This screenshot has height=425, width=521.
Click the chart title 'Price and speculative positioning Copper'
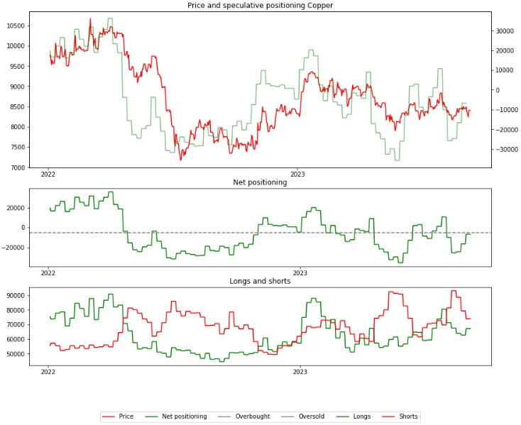(x=260, y=6)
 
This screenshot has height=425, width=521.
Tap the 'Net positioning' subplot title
(x=260, y=182)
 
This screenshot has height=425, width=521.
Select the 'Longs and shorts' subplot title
(x=260, y=281)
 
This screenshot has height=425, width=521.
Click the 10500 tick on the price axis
(x=15, y=26)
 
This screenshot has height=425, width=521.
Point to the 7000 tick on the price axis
(x=17, y=168)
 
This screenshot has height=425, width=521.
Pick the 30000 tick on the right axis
(x=505, y=31)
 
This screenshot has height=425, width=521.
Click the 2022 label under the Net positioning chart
(x=48, y=272)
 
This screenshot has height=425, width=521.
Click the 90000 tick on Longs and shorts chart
(x=15, y=295)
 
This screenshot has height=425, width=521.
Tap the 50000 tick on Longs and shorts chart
(x=15, y=354)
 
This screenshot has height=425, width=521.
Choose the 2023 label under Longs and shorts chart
(x=300, y=370)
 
